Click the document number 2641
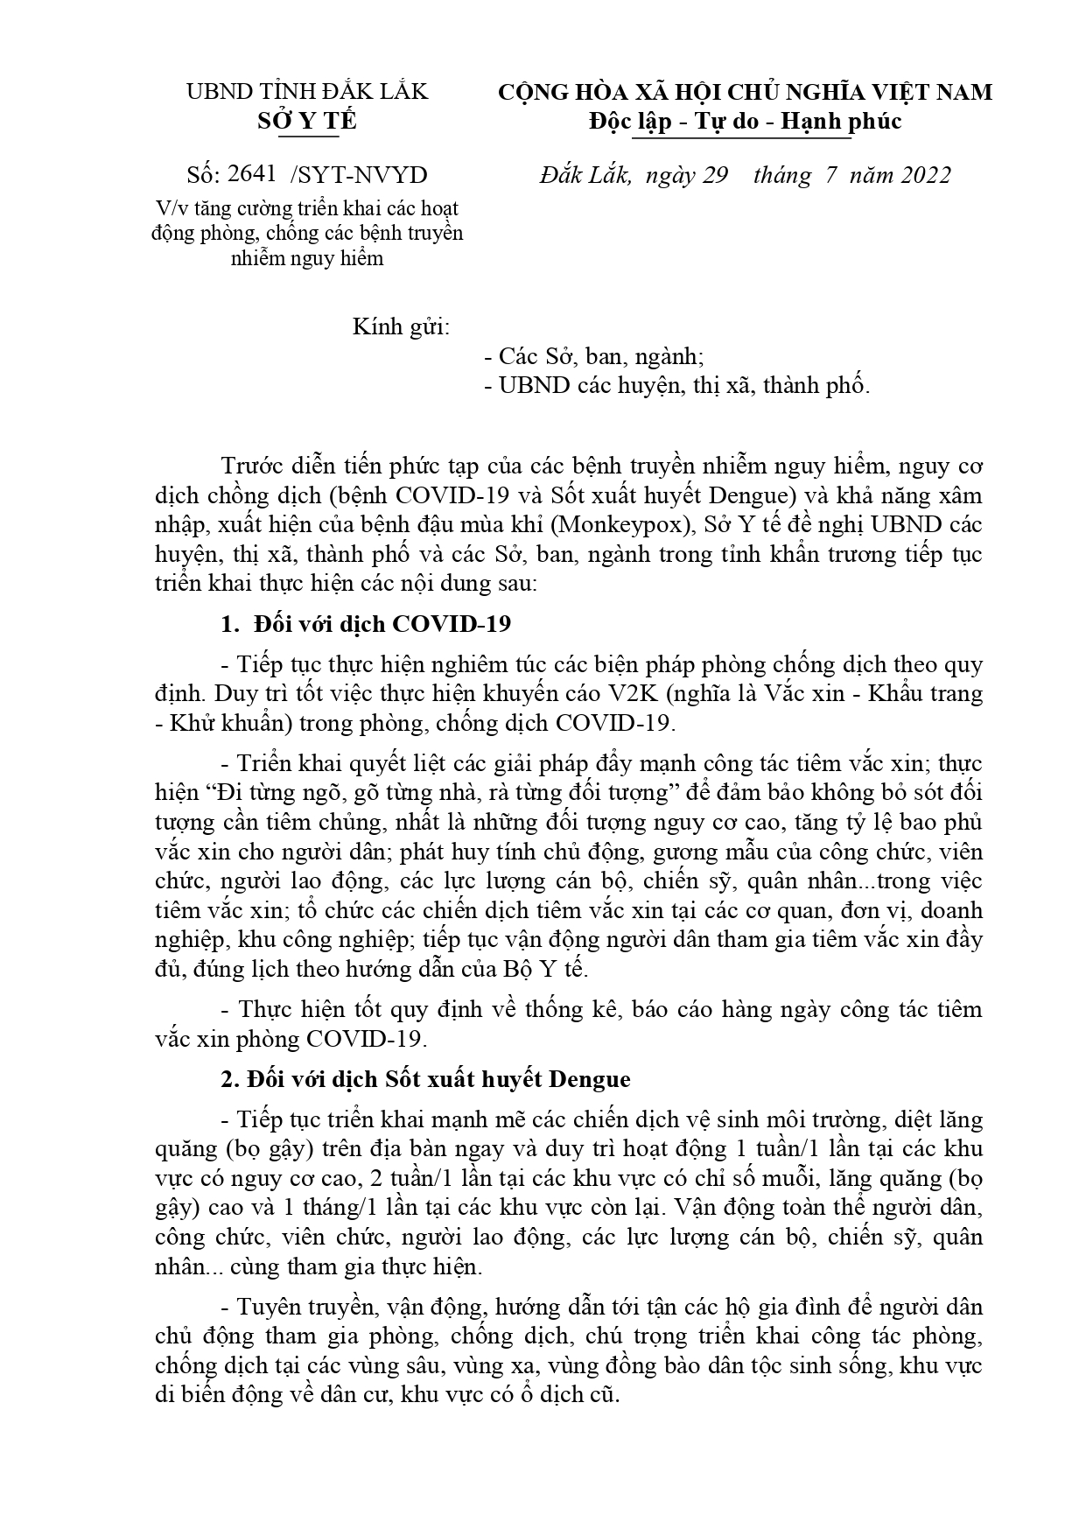250,175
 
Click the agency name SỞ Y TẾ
306,121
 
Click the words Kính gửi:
401,327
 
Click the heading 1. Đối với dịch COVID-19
366,625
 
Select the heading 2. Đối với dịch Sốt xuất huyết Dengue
425,1079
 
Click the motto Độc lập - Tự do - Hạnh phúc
744,121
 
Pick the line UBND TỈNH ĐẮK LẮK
307,92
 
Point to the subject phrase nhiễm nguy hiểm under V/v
306,258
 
